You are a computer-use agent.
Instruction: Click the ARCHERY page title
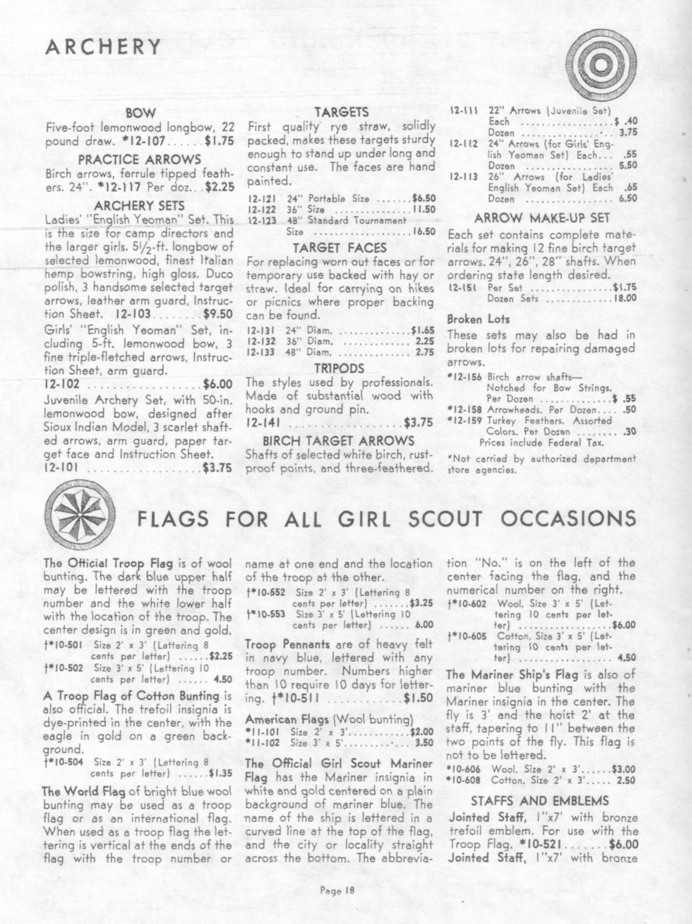click(104, 47)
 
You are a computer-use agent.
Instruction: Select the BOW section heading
click(140, 113)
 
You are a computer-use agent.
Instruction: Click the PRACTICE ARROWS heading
click(140, 159)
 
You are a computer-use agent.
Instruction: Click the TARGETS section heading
click(341, 113)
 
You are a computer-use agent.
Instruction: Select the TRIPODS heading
click(341, 368)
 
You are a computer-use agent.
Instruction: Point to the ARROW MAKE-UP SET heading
click(541, 219)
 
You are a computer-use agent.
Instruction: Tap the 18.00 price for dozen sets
click(623, 299)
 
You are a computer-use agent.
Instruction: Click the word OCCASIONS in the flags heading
click(572, 518)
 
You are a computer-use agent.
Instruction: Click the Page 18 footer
click(337, 892)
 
